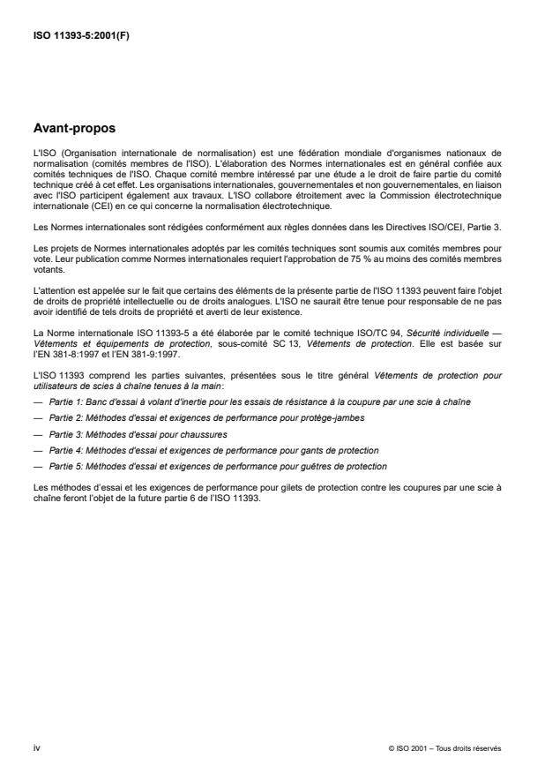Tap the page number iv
click(38, 748)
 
